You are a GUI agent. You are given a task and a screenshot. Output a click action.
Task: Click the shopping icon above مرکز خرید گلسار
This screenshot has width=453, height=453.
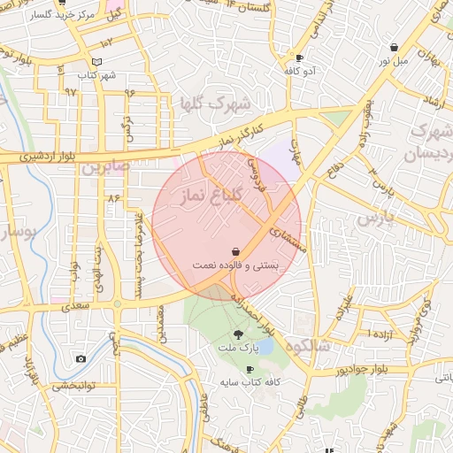coord(63,15)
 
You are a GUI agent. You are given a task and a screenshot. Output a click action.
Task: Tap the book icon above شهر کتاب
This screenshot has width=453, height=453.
coord(96,62)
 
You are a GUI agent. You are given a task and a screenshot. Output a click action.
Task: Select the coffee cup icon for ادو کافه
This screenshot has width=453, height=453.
coord(299,58)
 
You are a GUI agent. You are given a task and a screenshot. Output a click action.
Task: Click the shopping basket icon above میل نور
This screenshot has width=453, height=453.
coord(394,47)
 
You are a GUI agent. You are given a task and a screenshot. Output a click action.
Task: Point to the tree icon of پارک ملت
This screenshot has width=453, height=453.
coord(238,334)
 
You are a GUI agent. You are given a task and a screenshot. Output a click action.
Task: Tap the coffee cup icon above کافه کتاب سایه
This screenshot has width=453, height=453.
coord(250,369)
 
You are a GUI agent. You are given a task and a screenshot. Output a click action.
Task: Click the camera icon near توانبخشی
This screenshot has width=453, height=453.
coord(81,358)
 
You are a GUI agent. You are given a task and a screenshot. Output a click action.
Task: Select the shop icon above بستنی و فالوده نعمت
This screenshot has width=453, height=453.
coord(235,251)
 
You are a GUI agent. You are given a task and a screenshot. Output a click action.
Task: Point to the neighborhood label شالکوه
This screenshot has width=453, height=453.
coord(305,345)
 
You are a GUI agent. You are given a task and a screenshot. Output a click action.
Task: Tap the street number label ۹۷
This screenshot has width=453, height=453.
coord(71,91)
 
